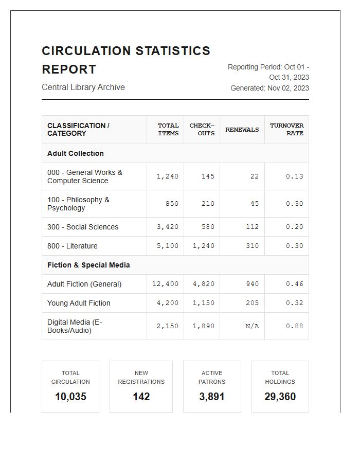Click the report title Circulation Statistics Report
coord(126,60)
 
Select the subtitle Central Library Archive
coord(83,87)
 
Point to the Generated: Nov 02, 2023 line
coord(269,88)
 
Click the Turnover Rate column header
coord(286,130)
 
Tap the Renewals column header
coord(242,130)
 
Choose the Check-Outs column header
coord(202,130)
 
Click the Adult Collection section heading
coord(76,153)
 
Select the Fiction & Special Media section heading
coord(88,265)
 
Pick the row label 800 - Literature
coord(72,246)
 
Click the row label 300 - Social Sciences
coord(83,227)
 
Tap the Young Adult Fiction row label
coord(79,303)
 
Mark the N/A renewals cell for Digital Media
coord(252,326)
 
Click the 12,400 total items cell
coord(166,284)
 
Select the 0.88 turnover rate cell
coord(294,326)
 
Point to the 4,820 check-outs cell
coord(204,284)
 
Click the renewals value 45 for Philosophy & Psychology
coord(255,204)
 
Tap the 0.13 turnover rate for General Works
coord(294,176)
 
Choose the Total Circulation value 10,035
coord(70,397)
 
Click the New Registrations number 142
coord(141,397)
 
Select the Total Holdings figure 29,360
coord(280,397)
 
